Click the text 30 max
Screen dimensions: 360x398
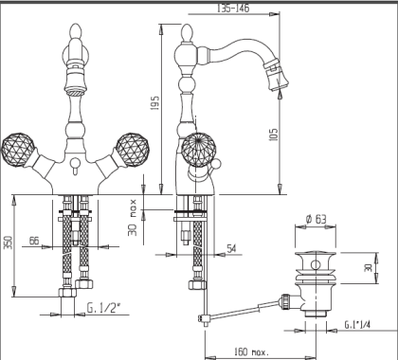pyautogui.click(x=135, y=216)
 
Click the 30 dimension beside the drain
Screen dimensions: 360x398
pyautogui.click(x=370, y=269)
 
